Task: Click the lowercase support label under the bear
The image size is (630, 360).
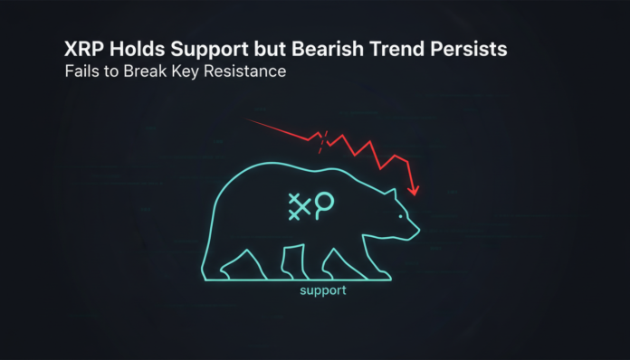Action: point(322,292)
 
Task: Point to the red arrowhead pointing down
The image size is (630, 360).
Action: point(414,191)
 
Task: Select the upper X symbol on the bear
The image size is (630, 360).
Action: point(294,199)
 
